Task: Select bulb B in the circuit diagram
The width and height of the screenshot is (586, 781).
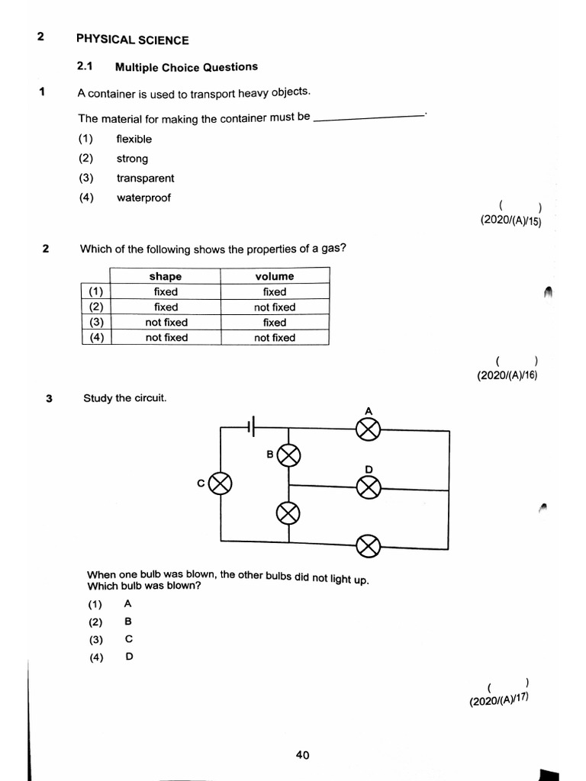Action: tap(289, 457)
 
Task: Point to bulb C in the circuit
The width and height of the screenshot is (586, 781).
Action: tap(221, 484)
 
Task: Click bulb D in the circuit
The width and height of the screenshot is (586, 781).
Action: tap(369, 487)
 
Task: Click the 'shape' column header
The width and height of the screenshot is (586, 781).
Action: tap(166, 276)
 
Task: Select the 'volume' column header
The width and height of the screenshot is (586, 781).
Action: tap(275, 276)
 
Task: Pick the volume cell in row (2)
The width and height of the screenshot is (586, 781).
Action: tap(275, 307)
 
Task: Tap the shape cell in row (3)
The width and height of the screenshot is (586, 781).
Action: tap(166, 323)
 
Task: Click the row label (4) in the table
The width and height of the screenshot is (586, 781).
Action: tap(96, 337)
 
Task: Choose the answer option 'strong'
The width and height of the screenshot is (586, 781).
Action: tap(132, 159)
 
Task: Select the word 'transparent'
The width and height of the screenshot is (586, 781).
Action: tap(145, 178)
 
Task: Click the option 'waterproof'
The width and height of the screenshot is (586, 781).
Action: tap(143, 198)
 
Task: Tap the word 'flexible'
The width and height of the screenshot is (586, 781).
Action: tap(134, 139)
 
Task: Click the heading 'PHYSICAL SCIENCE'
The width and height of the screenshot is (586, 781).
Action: tap(133, 40)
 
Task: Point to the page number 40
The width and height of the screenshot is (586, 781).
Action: tap(302, 755)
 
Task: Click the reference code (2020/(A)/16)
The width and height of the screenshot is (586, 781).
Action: tap(507, 375)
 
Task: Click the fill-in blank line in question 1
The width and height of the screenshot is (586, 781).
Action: tap(369, 117)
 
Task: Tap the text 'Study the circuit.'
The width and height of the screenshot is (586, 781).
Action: tap(124, 398)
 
